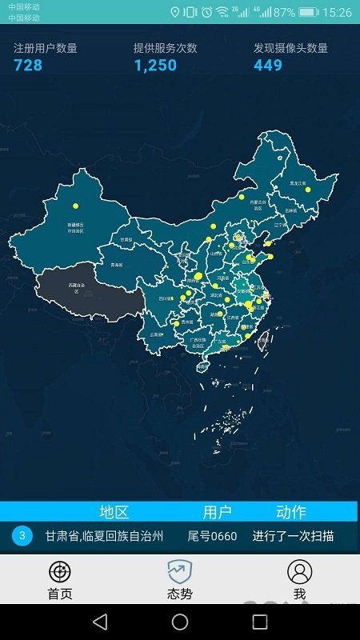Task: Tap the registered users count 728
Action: point(28,65)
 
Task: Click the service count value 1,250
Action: point(155,65)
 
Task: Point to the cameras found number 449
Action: point(268,65)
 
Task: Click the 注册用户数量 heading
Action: point(46,48)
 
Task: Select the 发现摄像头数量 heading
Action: point(290,48)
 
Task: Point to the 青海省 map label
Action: point(117,264)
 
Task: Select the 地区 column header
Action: point(114,512)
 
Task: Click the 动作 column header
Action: point(290,512)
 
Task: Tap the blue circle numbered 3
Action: point(22,535)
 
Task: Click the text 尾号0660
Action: point(212,536)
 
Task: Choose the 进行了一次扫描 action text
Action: point(293,536)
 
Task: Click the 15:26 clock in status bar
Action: point(337,12)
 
